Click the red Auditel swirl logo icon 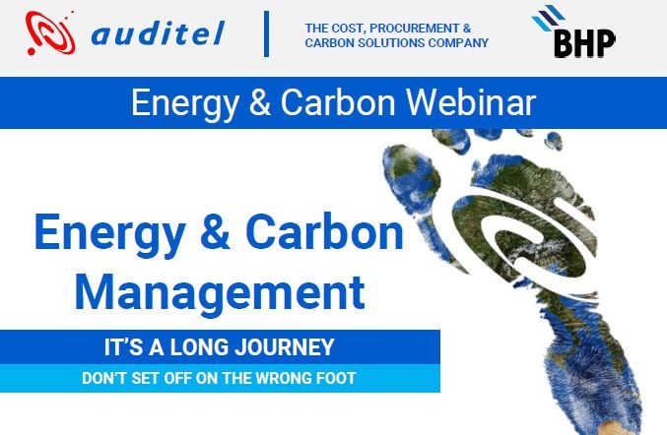(x=50, y=33)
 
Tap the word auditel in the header (x=158, y=33)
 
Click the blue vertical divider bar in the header (x=266, y=34)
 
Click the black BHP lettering (x=584, y=43)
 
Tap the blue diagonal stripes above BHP (x=548, y=17)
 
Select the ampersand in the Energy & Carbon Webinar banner (x=259, y=102)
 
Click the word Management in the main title (x=220, y=292)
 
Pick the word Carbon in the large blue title (x=324, y=232)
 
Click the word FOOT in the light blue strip (x=336, y=378)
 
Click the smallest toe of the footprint (x=554, y=140)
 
